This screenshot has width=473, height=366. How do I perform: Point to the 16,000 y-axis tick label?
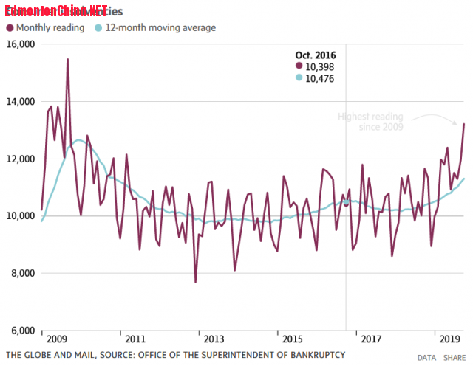pos(20,44)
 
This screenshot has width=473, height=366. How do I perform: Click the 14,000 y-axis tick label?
pos(20,101)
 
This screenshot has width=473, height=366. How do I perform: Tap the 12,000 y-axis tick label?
pos(20,159)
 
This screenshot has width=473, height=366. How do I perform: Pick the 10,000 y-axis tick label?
pos(20,215)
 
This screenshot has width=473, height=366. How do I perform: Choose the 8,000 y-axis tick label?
pos(22,273)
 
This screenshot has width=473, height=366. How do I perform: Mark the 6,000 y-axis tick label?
pos(22,330)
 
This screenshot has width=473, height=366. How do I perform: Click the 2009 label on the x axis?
pos(56,339)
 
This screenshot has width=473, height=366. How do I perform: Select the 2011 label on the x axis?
pos(135,339)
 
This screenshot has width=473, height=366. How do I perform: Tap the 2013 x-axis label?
pos(213,339)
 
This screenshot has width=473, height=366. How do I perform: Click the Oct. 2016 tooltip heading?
pos(316,55)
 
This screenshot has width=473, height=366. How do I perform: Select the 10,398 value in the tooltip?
pos(320,66)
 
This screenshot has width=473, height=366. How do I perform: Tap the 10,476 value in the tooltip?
pos(320,78)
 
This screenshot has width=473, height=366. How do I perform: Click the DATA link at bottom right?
pos(426,357)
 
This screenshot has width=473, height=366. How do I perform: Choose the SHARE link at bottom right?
pos(455,357)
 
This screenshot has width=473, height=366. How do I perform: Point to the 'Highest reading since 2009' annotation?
pos(372,122)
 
